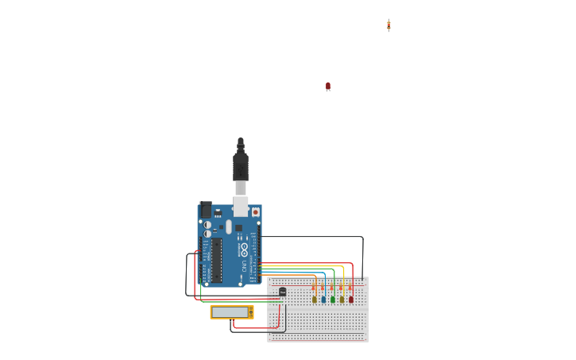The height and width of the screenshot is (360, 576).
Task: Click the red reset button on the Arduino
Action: pyautogui.click(x=255, y=212)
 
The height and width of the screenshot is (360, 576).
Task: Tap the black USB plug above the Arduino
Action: pyautogui.click(x=240, y=168)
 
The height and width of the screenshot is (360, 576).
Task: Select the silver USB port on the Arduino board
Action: pyautogui.click(x=240, y=206)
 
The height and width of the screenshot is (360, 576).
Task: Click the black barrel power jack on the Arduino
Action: pyautogui.click(x=205, y=210)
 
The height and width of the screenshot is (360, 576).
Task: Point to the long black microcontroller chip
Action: pyautogui.click(x=216, y=260)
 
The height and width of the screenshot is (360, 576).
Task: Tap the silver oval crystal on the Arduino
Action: pyautogui.click(x=228, y=227)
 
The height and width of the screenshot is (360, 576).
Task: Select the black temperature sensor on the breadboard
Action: pyautogui.click(x=282, y=292)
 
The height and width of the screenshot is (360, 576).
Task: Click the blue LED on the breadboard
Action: pyautogui.click(x=323, y=300)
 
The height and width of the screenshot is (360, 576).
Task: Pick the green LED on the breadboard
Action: pyautogui.click(x=333, y=300)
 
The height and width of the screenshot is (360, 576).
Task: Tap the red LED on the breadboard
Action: pyautogui.click(x=351, y=300)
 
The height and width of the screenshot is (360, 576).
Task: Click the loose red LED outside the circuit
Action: pyautogui.click(x=327, y=86)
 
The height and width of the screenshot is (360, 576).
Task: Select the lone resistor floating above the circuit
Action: pyautogui.click(x=389, y=25)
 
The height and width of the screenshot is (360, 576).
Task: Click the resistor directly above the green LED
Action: pyautogui.click(x=333, y=286)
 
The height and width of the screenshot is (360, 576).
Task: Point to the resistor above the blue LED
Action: pyautogui.click(x=323, y=286)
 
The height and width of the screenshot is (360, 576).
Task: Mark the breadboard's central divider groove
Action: pyautogui.click(x=318, y=308)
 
